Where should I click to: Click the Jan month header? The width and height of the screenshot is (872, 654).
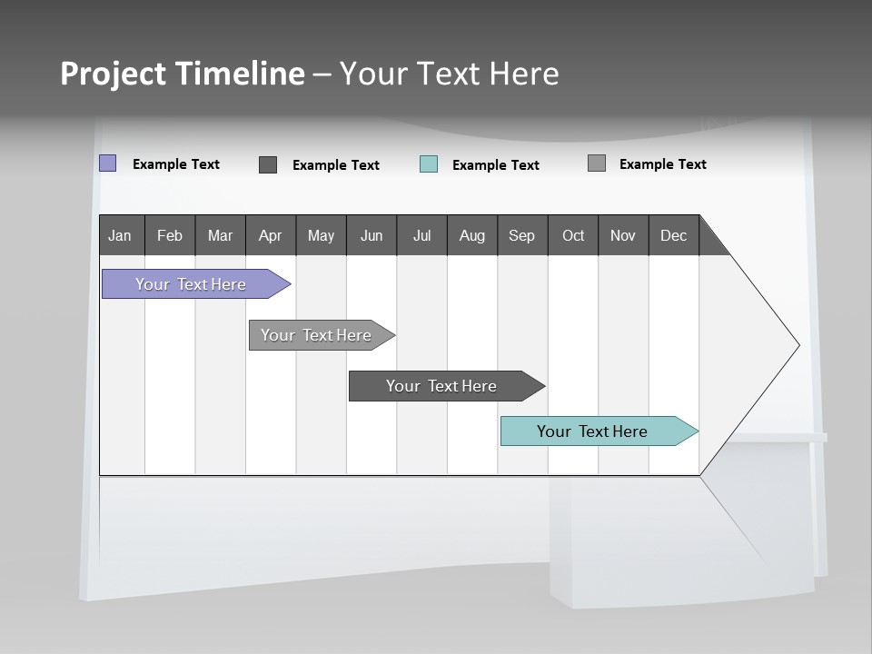[x=120, y=235]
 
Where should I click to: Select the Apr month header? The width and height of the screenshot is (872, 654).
[x=270, y=235]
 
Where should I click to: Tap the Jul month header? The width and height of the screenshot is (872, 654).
[x=421, y=235]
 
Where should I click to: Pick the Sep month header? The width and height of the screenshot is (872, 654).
[x=521, y=235]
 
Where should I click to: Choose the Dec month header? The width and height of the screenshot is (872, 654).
[x=673, y=235]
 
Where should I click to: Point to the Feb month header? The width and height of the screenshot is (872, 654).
[x=170, y=235]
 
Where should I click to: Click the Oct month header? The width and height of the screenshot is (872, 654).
[x=573, y=235]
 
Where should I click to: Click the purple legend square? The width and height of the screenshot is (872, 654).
[x=108, y=163]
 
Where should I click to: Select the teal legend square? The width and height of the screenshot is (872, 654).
[x=429, y=164]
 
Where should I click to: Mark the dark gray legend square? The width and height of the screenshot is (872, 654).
[x=268, y=164]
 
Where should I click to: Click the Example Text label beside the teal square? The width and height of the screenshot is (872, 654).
[x=495, y=165]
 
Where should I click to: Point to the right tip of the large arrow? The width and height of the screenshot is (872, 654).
[x=798, y=345]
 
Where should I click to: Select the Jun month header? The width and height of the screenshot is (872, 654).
[x=372, y=235]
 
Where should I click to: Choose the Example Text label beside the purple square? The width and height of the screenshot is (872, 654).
[x=176, y=164]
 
